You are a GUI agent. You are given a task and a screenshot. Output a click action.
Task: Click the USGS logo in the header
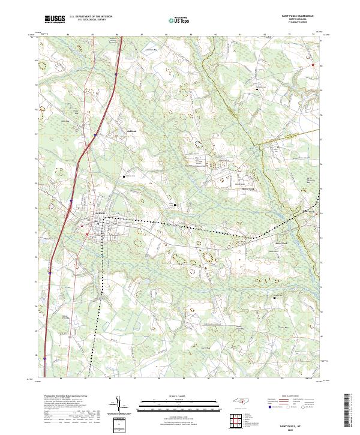55,19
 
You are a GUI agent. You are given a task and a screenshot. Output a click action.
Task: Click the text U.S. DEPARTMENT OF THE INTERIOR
91,17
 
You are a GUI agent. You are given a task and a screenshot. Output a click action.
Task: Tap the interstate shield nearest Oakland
95,135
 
